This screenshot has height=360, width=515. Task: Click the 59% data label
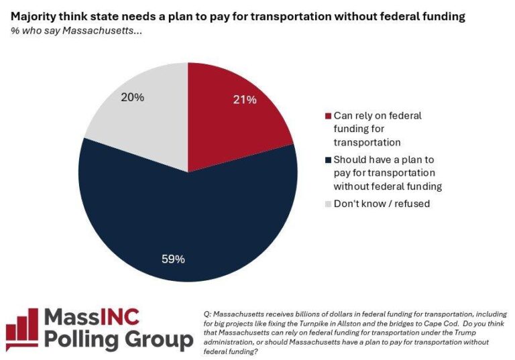click(174, 258)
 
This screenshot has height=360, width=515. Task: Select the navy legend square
click(327, 160)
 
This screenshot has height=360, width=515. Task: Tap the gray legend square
click(327, 204)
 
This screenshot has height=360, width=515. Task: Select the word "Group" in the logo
click(160, 340)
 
